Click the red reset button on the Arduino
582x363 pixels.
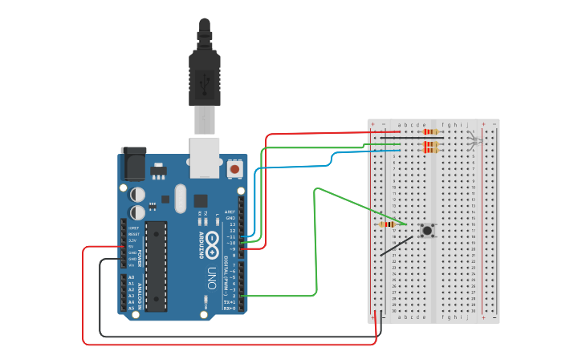click(x=234, y=169)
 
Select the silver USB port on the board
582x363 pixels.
click(x=205, y=156)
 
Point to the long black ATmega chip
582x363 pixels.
click(x=156, y=265)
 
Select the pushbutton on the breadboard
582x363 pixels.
click(x=428, y=231)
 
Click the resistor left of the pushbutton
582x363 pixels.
click(x=388, y=224)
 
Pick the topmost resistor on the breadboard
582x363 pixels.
click(x=431, y=131)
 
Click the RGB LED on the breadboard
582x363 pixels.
click(x=474, y=143)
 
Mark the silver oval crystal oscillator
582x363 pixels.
click(x=178, y=197)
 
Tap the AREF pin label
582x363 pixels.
click(x=230, y=212)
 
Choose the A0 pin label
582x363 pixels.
click(x=131, y=277)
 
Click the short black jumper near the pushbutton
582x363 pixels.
click(x=397, y=246)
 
